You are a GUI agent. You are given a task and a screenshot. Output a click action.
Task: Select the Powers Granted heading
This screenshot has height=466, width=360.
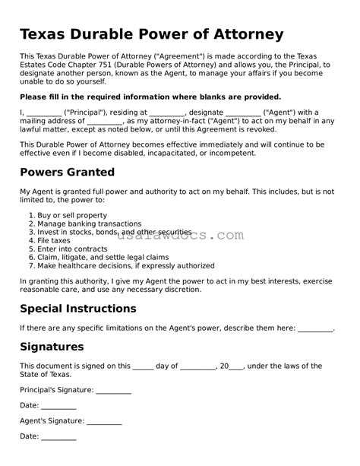coord(67,172)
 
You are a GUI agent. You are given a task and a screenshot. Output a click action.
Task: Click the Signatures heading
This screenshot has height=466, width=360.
coord(52,347)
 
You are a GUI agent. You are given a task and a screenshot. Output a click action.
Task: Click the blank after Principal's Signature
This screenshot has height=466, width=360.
coord(114,391)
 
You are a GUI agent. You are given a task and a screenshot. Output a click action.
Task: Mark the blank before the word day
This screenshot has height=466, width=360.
coord(143,367)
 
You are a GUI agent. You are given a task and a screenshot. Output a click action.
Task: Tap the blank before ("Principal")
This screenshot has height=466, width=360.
coord(37,112)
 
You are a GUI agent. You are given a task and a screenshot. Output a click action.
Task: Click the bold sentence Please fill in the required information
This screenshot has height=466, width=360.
coord(150,97)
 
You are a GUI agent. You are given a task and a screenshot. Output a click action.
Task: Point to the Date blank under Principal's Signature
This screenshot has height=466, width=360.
coord(58,407)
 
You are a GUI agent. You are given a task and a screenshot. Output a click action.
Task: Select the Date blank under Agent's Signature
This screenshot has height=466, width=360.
coord(58,437)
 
